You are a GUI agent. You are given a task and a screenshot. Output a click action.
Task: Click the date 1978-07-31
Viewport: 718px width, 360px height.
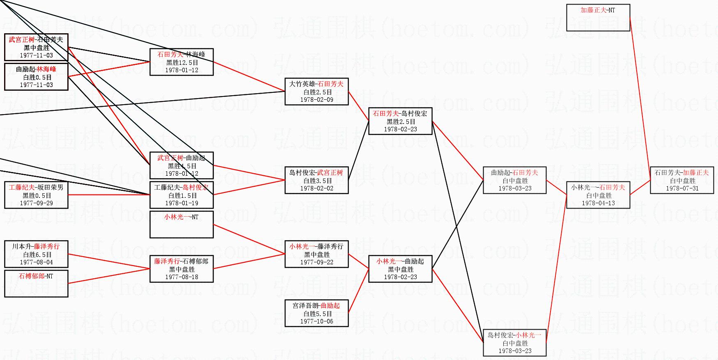[682, 188]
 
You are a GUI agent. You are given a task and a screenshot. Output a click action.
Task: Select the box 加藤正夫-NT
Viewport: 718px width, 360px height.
[598, 18]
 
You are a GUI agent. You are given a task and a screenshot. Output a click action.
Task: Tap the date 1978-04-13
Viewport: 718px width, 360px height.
[598, 203]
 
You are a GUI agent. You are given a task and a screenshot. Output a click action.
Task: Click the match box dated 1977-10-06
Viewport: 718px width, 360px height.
[317, 313]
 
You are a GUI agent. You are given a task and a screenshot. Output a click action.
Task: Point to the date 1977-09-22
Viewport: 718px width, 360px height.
[317, 262]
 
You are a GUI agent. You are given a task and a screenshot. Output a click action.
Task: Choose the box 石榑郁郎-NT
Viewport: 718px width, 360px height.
[36, 283]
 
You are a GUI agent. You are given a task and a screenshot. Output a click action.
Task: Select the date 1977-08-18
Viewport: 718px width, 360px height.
[181, 277]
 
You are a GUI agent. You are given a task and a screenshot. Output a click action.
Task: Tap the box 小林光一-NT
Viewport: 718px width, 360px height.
[181, 225]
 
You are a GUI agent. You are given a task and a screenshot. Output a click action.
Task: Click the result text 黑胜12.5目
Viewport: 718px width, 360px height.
[181, 62]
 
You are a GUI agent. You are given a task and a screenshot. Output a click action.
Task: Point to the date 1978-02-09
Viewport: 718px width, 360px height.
[317, 100]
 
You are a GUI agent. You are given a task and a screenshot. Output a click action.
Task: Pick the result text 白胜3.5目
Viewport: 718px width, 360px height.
[317, 181]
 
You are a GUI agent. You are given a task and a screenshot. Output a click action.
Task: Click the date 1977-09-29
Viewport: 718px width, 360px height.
[36, 203]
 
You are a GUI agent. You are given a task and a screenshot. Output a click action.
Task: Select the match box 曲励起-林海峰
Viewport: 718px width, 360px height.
[36, 77]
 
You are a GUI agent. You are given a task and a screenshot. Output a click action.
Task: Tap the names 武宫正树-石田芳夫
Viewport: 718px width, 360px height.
[36, 40]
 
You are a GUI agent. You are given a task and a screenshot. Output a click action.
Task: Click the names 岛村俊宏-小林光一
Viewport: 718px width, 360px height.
[514, 335]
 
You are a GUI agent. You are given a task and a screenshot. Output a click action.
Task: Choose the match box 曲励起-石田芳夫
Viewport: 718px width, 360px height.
[514, 180]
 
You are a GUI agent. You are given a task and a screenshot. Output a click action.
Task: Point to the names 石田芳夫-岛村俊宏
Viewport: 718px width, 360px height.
[400, 114]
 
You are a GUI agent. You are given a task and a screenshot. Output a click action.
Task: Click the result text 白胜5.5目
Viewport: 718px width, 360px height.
[317, 314]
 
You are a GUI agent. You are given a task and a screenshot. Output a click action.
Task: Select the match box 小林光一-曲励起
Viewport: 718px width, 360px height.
[400, 269]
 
